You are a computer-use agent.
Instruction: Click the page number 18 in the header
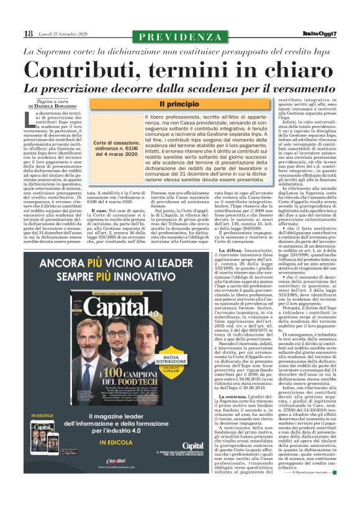29,34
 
